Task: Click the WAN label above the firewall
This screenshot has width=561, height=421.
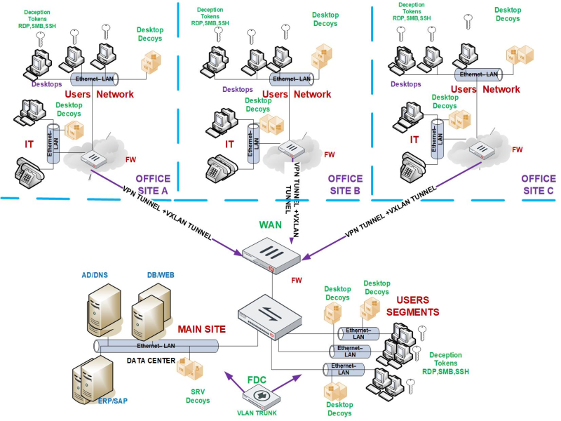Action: click(271, 226)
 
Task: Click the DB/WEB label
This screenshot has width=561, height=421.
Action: click(161, 276)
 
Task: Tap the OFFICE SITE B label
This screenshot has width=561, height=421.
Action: click(345, 184)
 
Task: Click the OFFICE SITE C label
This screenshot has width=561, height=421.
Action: click(538, 184)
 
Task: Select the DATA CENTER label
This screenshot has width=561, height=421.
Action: click(151, 360)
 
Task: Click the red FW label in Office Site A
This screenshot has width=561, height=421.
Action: click(130, 159)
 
